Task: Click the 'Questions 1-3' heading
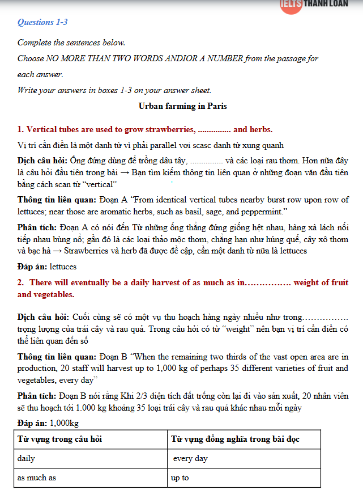point(42,23)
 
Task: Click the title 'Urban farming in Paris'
point(183,105)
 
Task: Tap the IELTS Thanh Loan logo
point(321,5)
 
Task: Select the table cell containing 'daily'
point(26,458)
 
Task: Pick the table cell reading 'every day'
point(190,458)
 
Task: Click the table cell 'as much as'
point(36,478)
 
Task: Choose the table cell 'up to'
point(180,478)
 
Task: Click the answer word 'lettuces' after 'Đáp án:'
point(63,267)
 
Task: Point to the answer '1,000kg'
point(64,423)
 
